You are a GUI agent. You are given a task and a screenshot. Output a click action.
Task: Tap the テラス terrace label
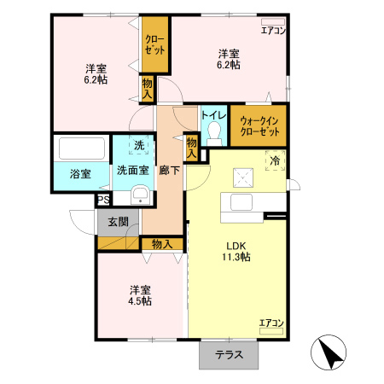click(228, 356)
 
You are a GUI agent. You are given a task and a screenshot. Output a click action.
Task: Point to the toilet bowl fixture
click(214, 132)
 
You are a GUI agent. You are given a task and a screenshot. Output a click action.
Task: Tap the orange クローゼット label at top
click(154, 44)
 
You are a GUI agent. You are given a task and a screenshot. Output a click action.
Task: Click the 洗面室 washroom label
click(133, 170)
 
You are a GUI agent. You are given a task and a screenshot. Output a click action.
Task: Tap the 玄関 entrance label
click(118, 222)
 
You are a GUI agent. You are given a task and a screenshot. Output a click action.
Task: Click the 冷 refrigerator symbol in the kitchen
click(276, 160)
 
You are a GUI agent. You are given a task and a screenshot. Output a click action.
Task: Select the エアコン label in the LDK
click(271, 323)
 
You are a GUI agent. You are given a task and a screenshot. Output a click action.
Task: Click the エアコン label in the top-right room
click(273, 31)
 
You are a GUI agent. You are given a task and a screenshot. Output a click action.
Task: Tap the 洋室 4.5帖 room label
click(141, 294)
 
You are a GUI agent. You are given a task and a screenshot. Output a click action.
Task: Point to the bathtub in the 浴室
click(82, 149)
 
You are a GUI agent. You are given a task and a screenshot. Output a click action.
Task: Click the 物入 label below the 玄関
click(162, 244)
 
